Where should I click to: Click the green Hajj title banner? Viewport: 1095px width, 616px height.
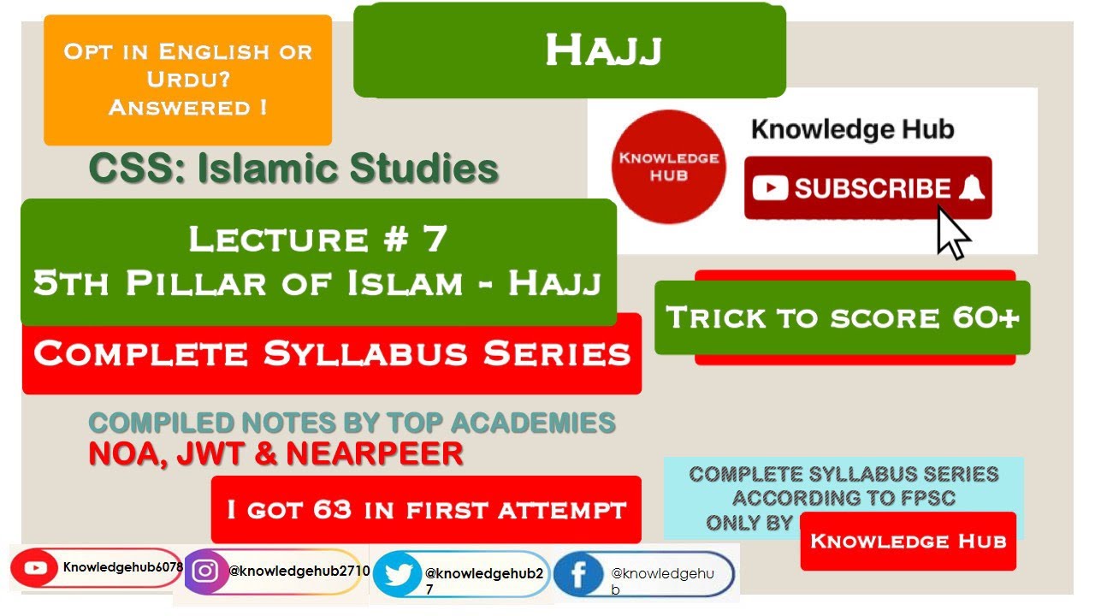(569, 51)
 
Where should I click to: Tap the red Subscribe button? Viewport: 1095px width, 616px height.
(867, 188)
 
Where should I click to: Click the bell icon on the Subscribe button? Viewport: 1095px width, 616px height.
(971, 189)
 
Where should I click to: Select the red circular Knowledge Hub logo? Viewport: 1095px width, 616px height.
(669, 166)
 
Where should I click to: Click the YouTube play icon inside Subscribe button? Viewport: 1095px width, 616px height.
(771, 189)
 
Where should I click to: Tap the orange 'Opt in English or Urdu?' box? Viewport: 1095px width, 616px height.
(187, 80)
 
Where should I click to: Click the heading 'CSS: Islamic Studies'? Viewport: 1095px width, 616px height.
(293, 169)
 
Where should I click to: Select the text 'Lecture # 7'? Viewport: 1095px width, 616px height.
(317, 239)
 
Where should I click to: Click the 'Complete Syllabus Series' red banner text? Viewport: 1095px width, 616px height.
(332, 353)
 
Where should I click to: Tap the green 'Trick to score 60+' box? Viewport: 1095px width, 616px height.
(842, 317)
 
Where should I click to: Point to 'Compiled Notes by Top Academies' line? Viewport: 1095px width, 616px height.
(352, 423)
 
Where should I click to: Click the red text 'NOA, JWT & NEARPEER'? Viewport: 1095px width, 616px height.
(275, 453)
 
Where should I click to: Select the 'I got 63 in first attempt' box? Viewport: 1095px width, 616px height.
(425, 510)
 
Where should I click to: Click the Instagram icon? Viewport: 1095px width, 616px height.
(204, 571)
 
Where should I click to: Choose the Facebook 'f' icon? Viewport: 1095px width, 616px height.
(578, 576)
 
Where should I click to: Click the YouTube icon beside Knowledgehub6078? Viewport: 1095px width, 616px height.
(36, 567)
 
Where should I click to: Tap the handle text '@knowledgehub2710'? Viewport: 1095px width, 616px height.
(299, 571)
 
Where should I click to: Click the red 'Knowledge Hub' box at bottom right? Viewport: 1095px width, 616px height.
(908, 541)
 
